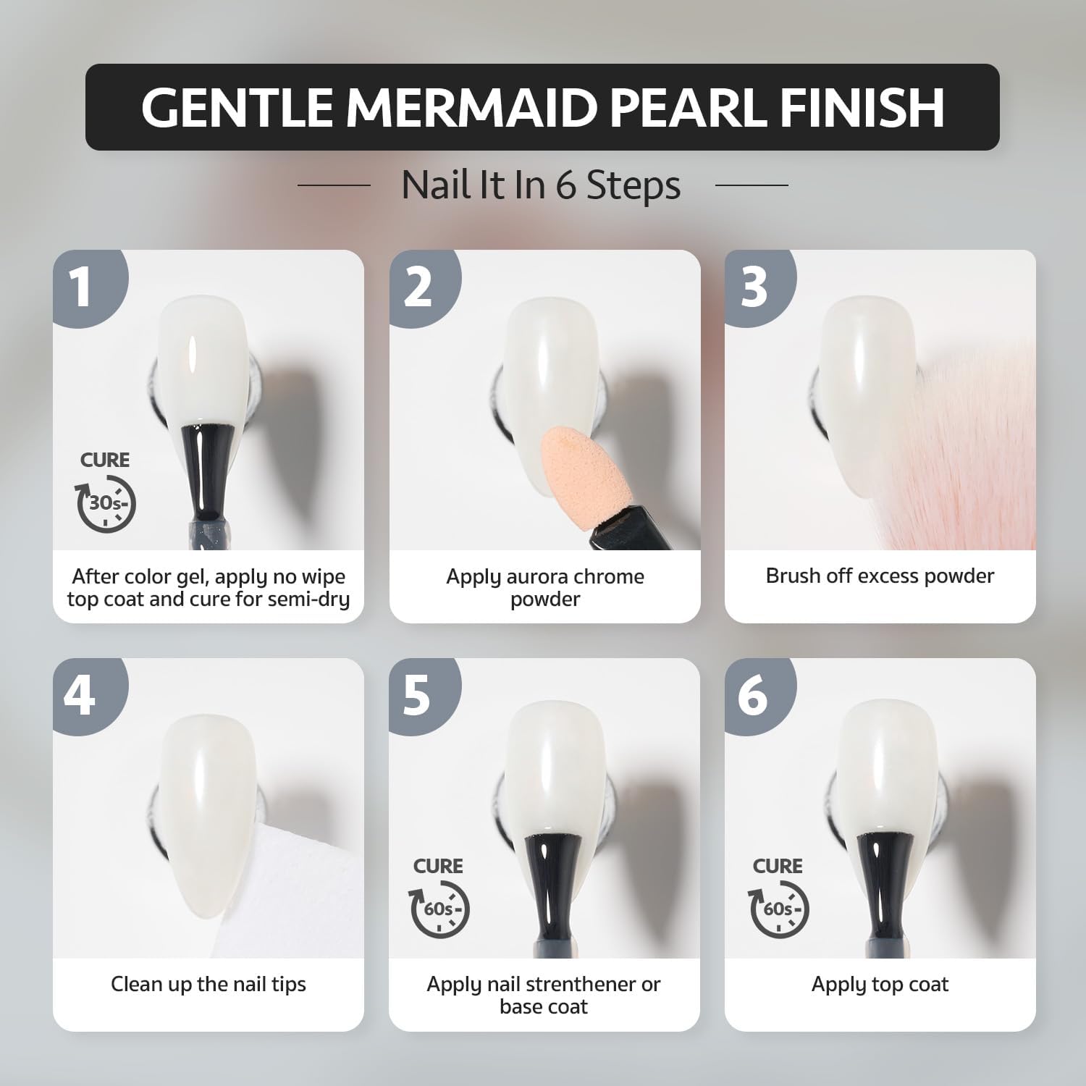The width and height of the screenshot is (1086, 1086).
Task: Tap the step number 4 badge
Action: tap(80, 694)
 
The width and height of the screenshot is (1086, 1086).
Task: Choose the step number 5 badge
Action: tap(418, 694)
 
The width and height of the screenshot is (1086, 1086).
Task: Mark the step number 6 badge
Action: tap(754, 694)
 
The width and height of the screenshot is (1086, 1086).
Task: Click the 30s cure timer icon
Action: tap(106, 502)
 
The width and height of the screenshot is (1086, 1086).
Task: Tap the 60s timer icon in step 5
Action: tap(440, 909)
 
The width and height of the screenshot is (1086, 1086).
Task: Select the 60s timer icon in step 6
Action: tap(778, 909)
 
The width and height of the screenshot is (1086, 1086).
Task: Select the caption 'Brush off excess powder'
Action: tap(880, 576)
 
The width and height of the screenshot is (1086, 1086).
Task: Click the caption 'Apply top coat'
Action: tap(880, 985)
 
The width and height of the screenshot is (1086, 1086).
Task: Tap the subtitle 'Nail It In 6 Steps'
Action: tap(541, 185)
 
